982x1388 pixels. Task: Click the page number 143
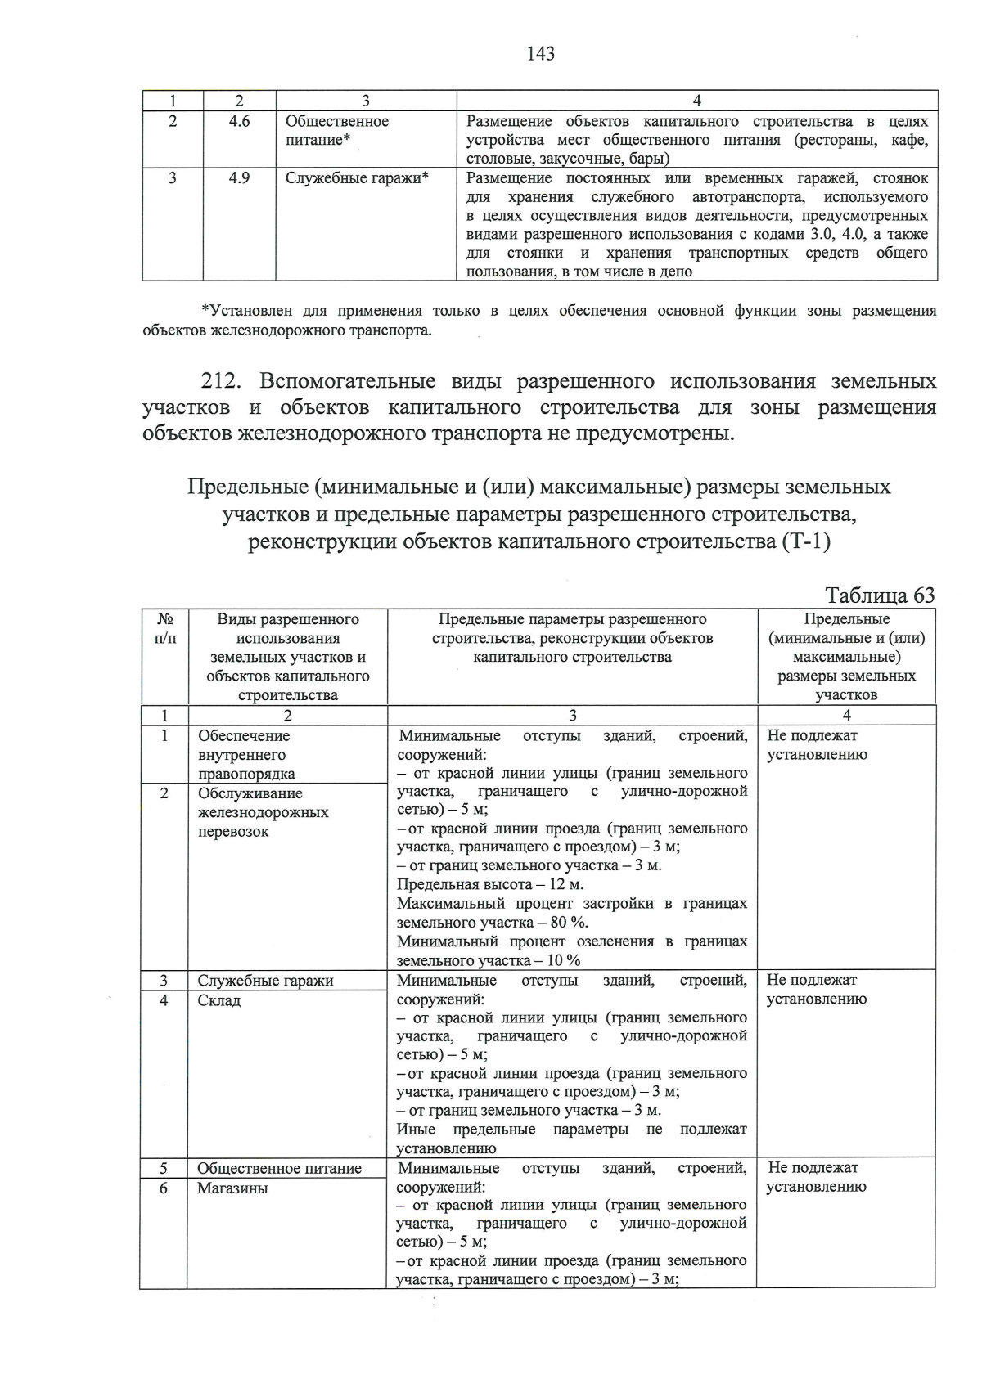(541, 54)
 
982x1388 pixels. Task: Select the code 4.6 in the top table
(239, 121)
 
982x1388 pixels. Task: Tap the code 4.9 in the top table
(239, 177)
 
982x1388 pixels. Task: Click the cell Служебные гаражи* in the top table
(357, 177)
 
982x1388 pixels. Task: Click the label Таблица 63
(880, 595)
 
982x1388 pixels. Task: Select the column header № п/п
(164, 628)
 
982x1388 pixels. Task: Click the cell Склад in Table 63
(219, 1000)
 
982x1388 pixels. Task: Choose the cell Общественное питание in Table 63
(279, 1168)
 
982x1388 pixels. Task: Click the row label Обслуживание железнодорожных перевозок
(263, 812)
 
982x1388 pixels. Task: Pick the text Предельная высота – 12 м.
(490, 884)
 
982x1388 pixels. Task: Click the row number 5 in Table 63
(164, 1168)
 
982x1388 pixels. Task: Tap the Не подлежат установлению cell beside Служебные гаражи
(816, 989)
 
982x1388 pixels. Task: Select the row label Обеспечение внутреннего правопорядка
(245, 754)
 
